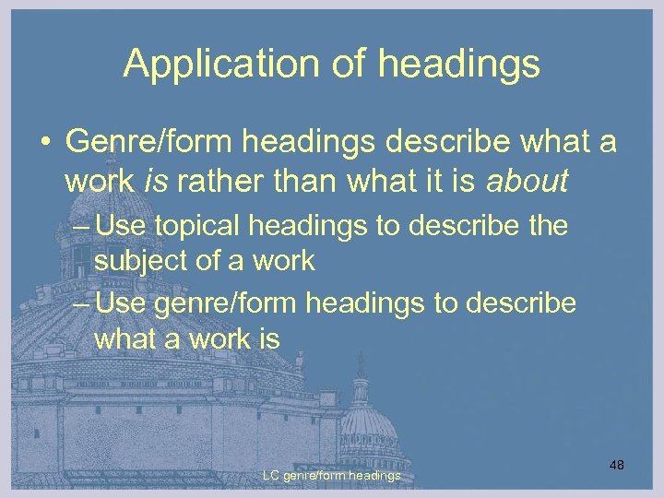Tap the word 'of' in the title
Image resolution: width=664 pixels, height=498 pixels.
[x=327, y=64]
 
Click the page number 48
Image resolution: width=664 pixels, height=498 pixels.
[x=617, y=465]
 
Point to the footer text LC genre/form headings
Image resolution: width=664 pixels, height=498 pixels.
[x=331, y=475]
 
